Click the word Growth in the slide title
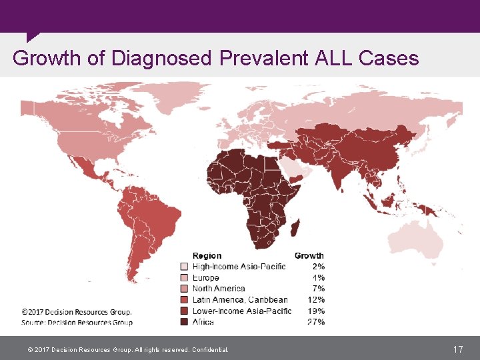coord(47,59)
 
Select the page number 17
coord(458,349)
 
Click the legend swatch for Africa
coord(185,322)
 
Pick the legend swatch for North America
coord(185,289)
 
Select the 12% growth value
coord(317,299)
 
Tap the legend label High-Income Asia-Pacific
coord(239,267)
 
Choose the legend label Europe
coord(206,277)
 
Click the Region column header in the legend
coord(207,255)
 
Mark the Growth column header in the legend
coord(309,255)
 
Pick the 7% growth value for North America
coord(319,289)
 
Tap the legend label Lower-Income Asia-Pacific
coord(242,311)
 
